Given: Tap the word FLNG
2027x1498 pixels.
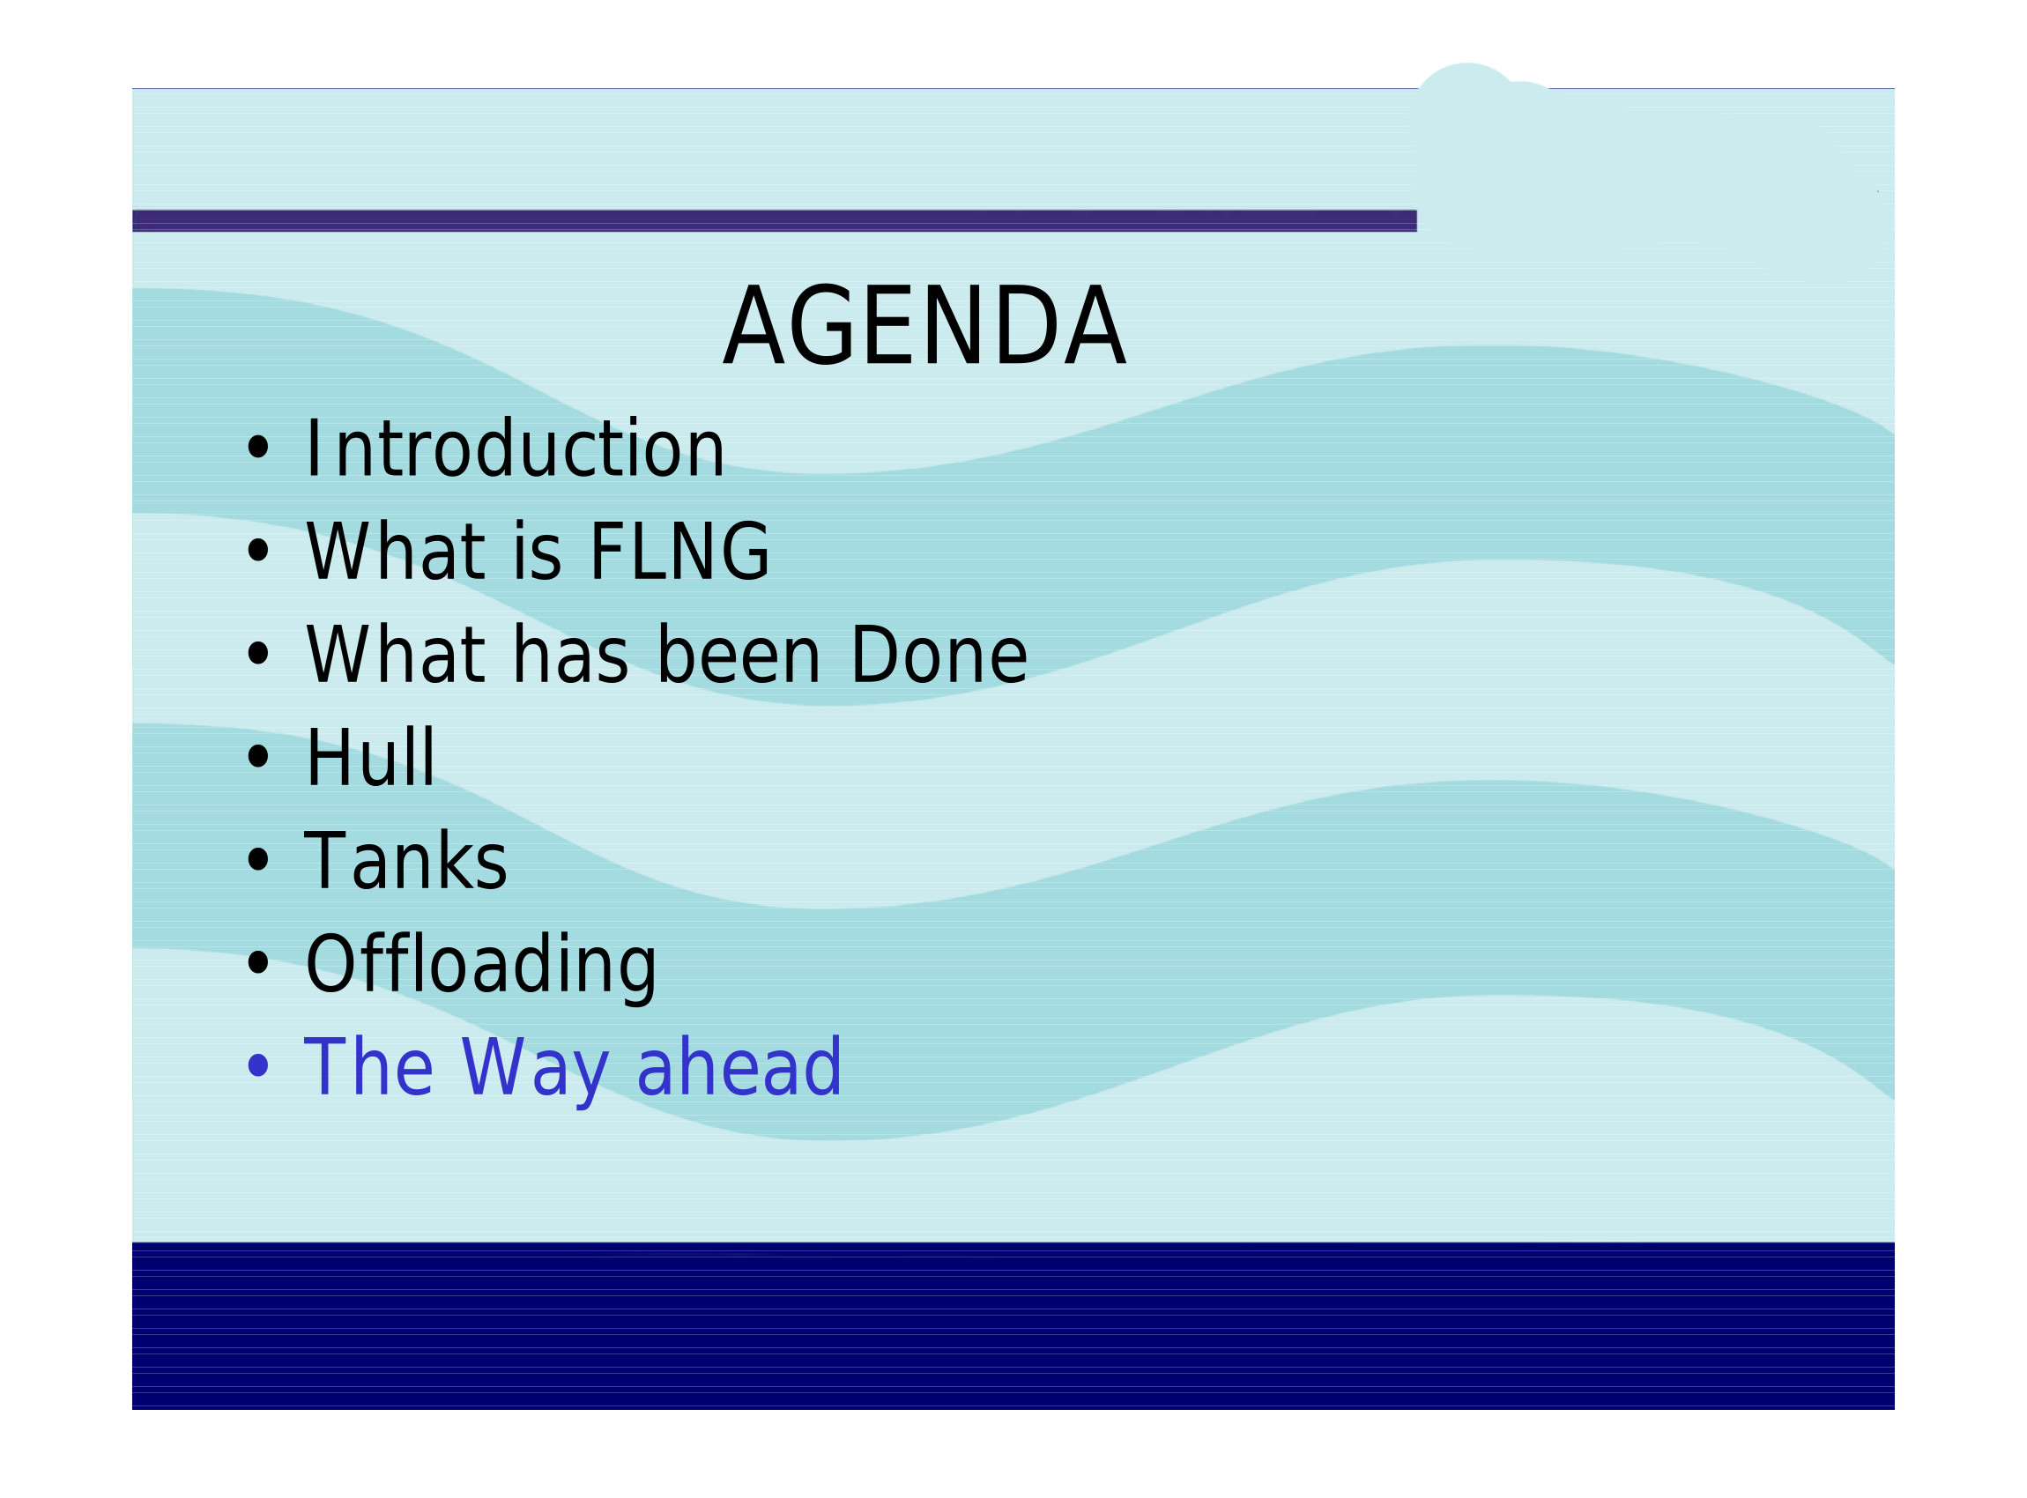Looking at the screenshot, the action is coord(679,552).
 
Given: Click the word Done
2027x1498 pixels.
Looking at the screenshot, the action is coord(939,655).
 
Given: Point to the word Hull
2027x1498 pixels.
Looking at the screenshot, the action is coord(371,757).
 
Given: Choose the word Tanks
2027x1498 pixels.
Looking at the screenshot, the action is coord(405,861).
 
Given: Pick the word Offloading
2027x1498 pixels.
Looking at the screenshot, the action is coord(480,966).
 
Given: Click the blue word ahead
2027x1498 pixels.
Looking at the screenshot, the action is coord(739,1067).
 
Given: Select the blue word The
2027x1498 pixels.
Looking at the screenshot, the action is coord(368,1067).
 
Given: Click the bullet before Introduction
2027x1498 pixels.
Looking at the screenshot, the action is coord(258,447).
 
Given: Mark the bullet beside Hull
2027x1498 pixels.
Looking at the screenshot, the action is coord(258,756).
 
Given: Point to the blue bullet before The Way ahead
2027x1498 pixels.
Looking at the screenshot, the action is coord(258,1065).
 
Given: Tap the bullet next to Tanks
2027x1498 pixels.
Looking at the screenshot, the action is coord(258,860).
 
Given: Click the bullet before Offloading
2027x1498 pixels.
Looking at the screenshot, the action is coord(258,963).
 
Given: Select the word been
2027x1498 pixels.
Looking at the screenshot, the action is coord(739,655).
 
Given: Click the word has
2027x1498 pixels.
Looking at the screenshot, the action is coord(569,655).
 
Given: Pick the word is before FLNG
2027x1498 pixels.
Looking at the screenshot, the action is coord(537,552).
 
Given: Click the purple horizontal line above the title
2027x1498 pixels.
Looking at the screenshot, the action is coord(775,221).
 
